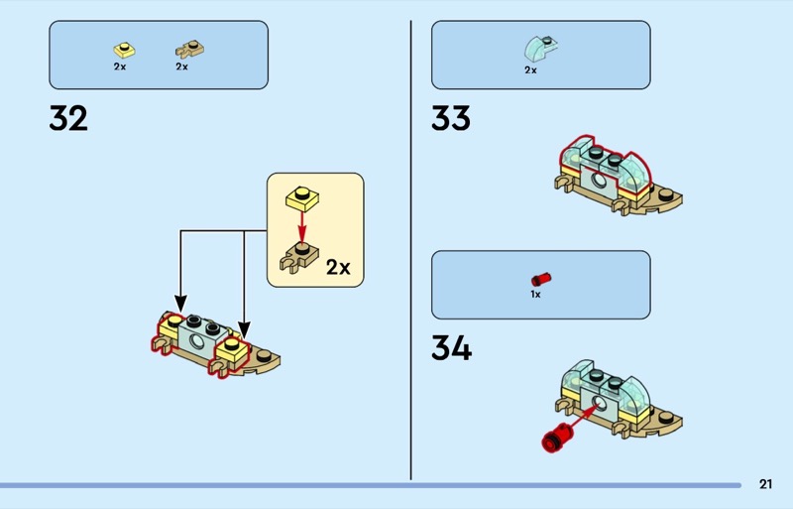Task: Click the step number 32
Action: pyautogui.click(x=68, y=119)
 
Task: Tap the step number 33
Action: pyautogui.click(x=451, y=119)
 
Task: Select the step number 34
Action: pyautogui.click(x=451, y=348)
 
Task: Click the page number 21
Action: pyautogui.click(x=765, y=484)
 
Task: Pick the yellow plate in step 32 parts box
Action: pyautogui.click(x=123, y=48)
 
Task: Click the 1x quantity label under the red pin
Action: pyautogui.click(x=535, y=295)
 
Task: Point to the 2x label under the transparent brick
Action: pyautogui.click(x=530, y=70)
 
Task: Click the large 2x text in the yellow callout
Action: pyautogui.click(x=338, y=267)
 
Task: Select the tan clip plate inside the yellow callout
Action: pyautogui.click(x=299, y=257)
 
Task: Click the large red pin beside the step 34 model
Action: pyautogui.click(x=558, y=435)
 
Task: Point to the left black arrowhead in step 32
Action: pyautogui.click(x=180, y=303)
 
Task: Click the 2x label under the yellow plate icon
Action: pyautogui.click(x=120, y=66)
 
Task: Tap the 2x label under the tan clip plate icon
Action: pyautogui.click(x=182, y=66)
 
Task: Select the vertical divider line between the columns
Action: pyautogui.click(x=411, y=248)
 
